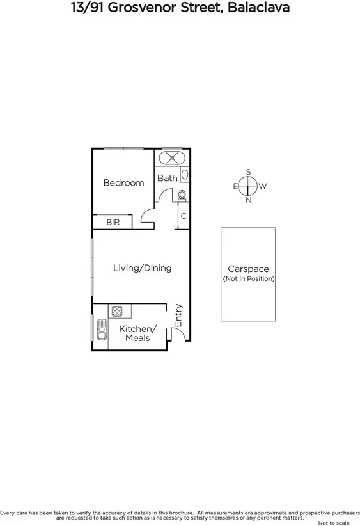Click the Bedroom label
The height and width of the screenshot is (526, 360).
click(x=123, y=182)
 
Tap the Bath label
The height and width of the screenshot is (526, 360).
click(x=167, y=178)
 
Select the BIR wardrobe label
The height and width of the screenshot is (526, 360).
click(x=113, y=223)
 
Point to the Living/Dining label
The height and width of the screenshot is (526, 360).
click(x=142, y=268)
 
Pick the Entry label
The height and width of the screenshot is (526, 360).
click(x=178, y=315)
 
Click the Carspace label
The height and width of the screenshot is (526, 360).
click(x=248, y=269)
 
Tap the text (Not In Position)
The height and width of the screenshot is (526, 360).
click(x=248, y=279)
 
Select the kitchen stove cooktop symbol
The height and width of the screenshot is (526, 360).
click(x=117, y=312)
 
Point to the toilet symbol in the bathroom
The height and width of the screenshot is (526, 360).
click(x=182, y=195)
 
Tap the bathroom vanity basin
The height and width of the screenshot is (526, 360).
click(x=185, y=173)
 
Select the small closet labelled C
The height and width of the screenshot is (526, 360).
click(x=184, y=216)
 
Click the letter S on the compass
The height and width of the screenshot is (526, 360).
click(x=248, y=172)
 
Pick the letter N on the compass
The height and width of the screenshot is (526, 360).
click(x=248, y=200)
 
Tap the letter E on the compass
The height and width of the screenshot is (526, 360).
click(x=235, y=186)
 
